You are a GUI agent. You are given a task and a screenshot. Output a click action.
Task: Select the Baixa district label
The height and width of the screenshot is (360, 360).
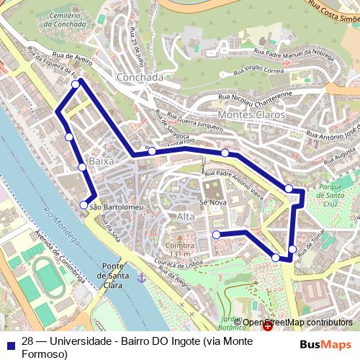point(102,161)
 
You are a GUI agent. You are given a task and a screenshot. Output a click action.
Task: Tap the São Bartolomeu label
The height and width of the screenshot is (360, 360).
point(117,207)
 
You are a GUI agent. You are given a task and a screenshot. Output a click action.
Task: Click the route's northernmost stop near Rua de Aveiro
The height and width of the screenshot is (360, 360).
point(76,85)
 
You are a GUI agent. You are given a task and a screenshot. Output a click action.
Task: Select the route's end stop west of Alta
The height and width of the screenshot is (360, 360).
point(216,235)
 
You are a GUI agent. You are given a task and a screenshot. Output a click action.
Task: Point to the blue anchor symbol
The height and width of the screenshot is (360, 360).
point(141,277)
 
